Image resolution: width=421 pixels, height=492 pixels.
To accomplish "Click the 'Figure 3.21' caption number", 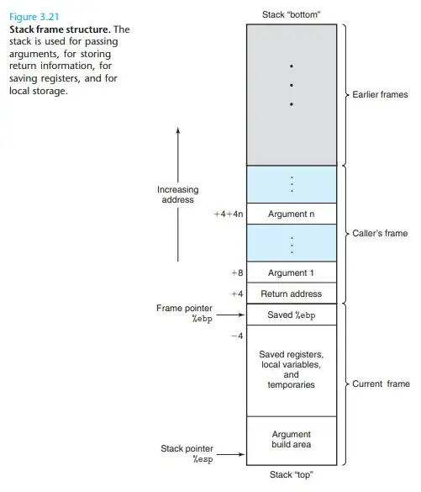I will click(29, 17).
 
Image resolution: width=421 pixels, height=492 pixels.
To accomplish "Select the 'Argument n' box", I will click(291, 214).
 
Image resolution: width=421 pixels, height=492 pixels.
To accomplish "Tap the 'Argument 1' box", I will click(291, 272).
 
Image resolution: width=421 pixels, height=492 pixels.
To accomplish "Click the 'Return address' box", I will click(291, 294).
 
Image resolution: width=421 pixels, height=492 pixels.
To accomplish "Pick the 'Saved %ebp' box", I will click(291, 315).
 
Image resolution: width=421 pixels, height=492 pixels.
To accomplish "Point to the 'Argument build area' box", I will click(291, 440).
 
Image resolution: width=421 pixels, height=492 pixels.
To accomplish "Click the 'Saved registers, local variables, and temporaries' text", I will click(291, 369).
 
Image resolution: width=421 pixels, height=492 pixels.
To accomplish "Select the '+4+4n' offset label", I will click(229, 214).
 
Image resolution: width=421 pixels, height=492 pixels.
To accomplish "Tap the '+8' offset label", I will click(236, 273).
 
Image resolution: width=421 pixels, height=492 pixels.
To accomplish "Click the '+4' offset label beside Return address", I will click(236, 294).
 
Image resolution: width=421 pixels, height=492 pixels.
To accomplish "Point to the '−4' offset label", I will click(236, 336).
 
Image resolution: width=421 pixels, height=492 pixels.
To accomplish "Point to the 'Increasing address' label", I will click(177, 195).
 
